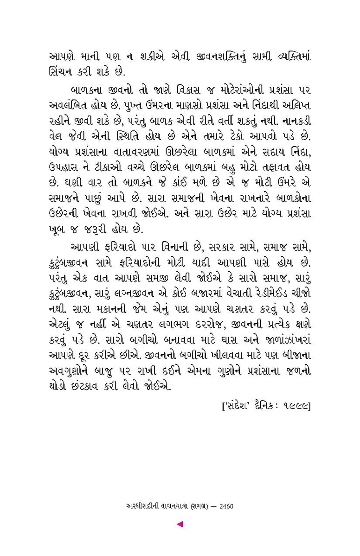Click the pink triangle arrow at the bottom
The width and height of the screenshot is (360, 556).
point(180,525)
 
